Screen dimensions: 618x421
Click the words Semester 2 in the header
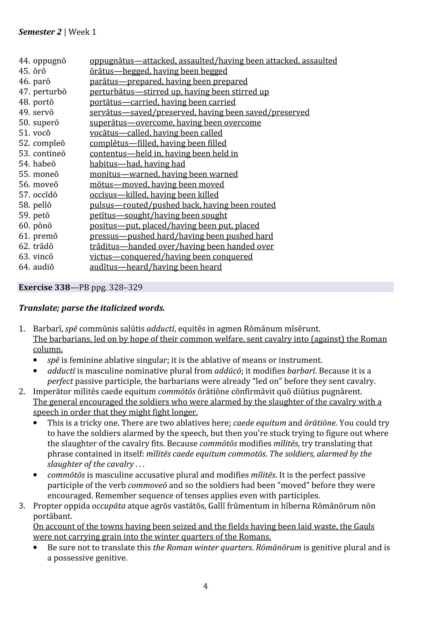[x=40, y=32]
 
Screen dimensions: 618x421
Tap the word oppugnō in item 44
[x=49, y=61]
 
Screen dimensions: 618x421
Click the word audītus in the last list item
[x=104, y=267]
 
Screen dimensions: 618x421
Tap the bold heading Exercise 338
[x=44, y=288]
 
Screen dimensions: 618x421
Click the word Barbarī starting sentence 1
[x=48, y=329]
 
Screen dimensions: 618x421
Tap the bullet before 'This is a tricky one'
[x=35, y=423]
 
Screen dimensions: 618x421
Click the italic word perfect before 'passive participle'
[x=60, y=381]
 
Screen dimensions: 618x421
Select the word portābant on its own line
[x=52, y=516]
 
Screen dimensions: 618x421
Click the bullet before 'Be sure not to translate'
[x=35, y=548]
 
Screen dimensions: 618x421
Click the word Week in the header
[x=79, y=32]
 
